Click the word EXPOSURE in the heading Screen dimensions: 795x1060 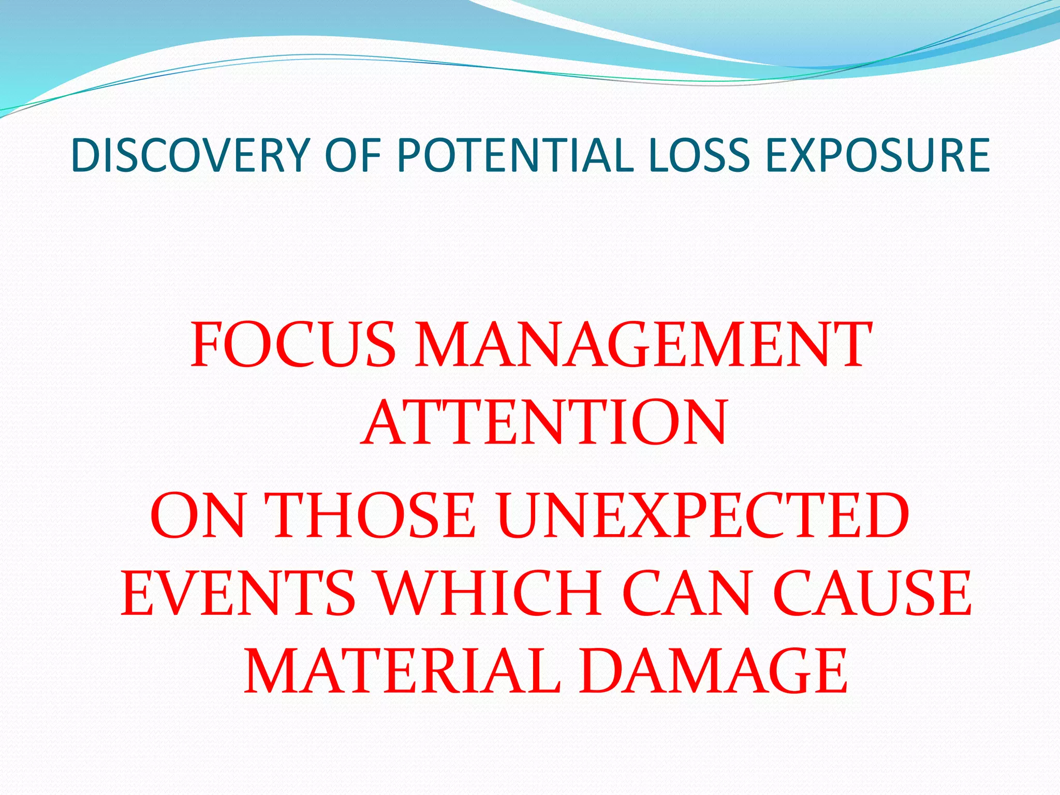pyautogui.click(x=878, y=155)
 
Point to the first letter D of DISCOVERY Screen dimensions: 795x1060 pyautogui.click(x=85, y=155)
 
